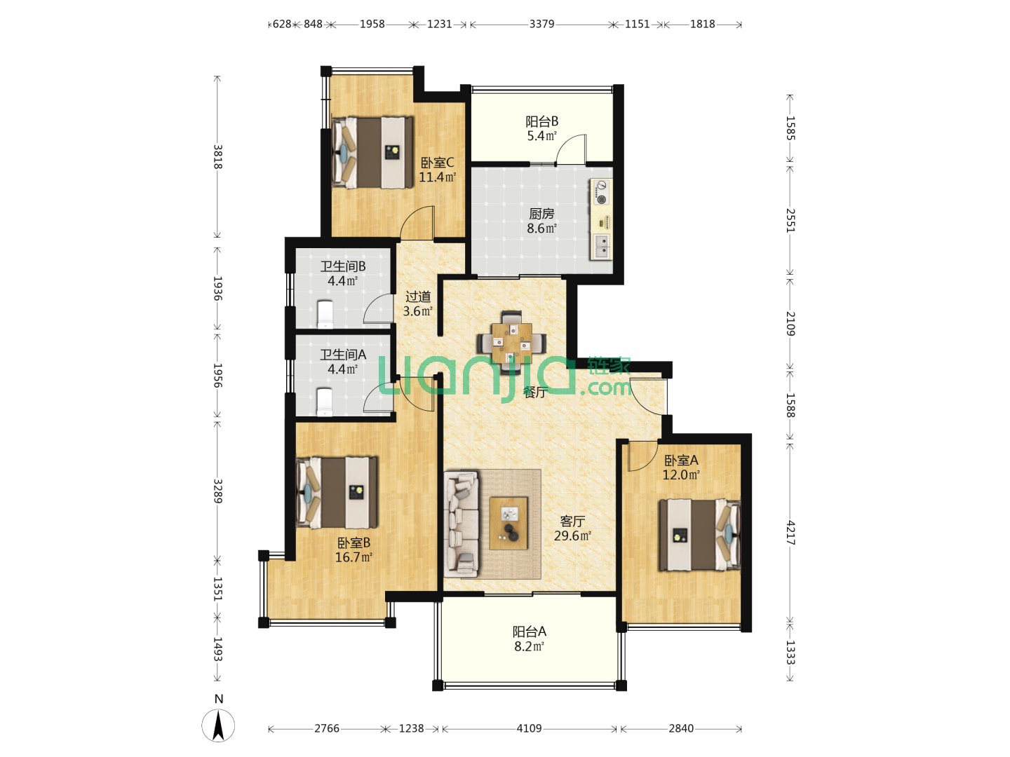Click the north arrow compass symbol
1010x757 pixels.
tap(218, 725)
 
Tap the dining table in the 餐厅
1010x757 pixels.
tap(511, 343)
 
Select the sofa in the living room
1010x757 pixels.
tap(461, 524)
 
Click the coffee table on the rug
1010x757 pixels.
tap(509, 523)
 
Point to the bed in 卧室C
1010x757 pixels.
tap(372, 152)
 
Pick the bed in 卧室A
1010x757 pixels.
tap(700, 535)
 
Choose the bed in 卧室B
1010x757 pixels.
tap(337, 492)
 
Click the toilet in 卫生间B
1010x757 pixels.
tap(325, 315)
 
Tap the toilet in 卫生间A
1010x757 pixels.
tap(325, 402)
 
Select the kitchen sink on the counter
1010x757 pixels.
tap(601, 246)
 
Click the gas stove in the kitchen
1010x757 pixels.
tap(601, 192)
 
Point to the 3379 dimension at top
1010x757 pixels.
tap(541, 24)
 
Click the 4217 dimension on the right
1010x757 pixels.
tap(790, 533)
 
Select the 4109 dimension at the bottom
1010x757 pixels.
tap(529, 728)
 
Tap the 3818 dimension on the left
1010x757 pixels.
tap(217, 157)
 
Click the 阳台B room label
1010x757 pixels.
tap(542, 121)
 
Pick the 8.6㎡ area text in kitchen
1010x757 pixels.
tap(542, 228)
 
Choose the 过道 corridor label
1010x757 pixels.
tap(418, 296)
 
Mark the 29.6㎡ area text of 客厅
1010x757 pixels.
tap(572, 536)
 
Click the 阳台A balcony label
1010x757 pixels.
tap(529, 632)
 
